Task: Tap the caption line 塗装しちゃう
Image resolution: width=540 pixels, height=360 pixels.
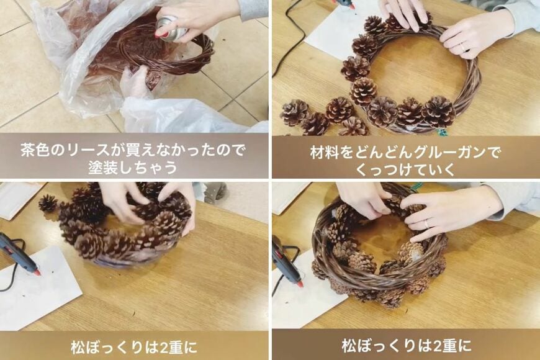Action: [x=133, y=168]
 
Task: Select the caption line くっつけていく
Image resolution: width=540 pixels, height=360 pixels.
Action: [x=405, y=168]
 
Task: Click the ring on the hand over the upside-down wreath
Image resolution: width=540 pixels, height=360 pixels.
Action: [x=426, y=223]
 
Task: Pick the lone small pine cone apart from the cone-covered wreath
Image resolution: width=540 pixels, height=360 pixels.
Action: [x=47, y=203]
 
